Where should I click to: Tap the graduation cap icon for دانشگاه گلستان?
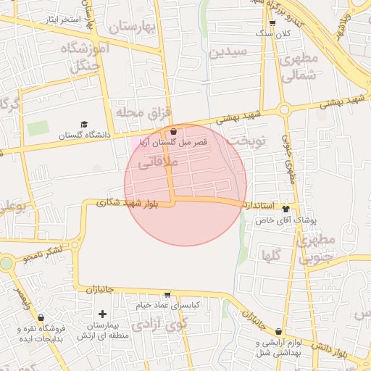click(84, 125)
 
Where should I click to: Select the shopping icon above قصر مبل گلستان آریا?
click(173, 132)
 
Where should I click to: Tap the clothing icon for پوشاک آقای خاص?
click(295, 207)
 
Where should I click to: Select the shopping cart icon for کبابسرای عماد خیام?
click(168, 295)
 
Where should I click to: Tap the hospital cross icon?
click(102, 314)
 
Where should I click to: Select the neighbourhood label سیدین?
click(228, 51)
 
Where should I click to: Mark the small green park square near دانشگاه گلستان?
click(38, 128)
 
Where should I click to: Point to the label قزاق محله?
click(142, 112)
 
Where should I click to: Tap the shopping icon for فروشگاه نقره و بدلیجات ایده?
click(41, 317)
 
